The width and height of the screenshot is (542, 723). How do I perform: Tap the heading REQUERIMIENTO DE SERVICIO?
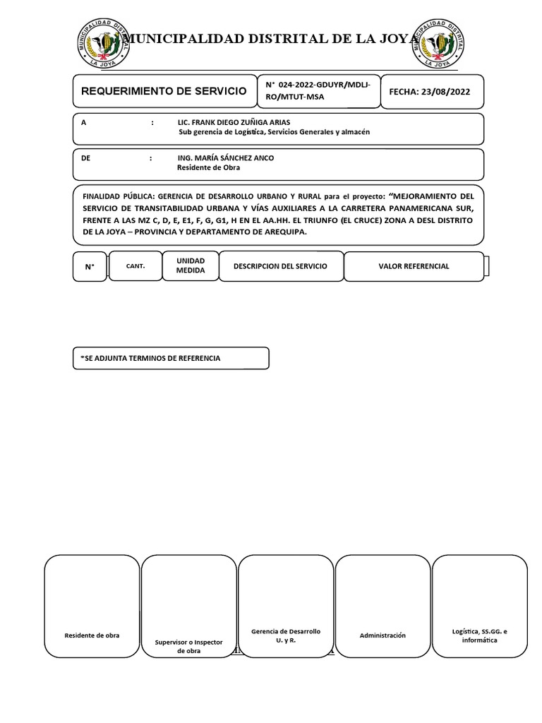point(164,92)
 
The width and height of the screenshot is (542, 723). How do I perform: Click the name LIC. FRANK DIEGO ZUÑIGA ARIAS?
point(234,122)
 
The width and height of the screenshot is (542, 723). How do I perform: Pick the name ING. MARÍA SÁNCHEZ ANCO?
point(225,158)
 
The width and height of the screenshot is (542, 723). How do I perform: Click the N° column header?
point(90,267)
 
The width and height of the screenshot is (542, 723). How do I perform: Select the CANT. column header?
point(135,266)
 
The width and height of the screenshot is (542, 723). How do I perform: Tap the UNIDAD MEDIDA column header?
point(191,266)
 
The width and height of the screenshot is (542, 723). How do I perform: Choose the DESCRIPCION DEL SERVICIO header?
point(281,266)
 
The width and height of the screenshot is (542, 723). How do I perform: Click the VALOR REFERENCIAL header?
point(414,266)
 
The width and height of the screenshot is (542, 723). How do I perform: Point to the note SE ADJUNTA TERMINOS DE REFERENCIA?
point(151,359)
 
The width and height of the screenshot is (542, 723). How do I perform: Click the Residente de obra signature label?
point(92,635)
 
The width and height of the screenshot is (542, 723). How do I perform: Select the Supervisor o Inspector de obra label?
point(189,646)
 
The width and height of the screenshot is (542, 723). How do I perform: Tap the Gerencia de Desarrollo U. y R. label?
point(286,635)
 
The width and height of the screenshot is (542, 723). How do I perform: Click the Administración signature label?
point(383,635)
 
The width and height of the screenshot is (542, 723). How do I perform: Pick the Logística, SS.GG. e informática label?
point(479,635)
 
